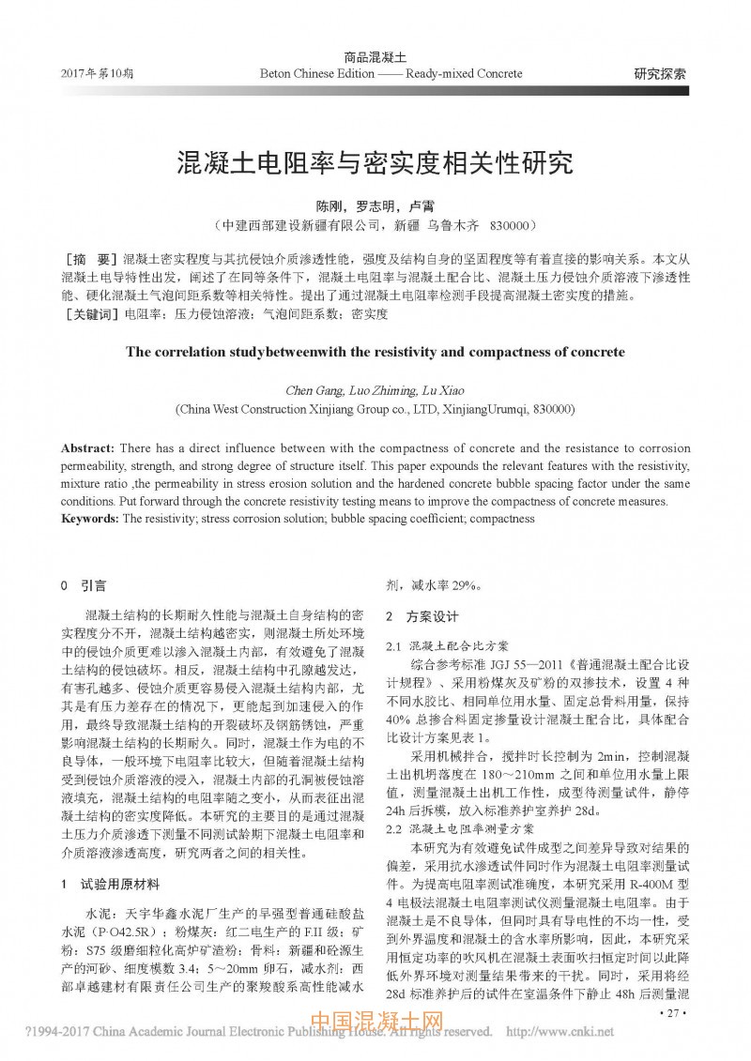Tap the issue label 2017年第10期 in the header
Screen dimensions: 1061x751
pyautogui.click(x=98, y=73)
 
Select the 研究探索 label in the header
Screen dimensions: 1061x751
pyautogui.click(x=659, y=73)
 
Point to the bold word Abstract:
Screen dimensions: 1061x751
pyautogui.click(x=88, y=448)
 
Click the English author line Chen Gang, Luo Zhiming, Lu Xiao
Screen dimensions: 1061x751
pyautogui.click(x=375, y=390)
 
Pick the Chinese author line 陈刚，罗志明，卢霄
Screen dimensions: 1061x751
pyautogui.click(x=375, y=205)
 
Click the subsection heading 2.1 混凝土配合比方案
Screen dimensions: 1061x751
pyautogui.click(x=448, y=646)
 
